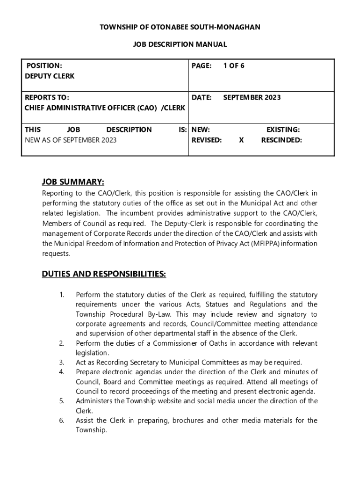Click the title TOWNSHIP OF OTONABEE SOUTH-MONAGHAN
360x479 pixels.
180,27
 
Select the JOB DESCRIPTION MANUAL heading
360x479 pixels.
180,44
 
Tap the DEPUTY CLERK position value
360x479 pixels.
49,76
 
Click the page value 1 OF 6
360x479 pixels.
233,65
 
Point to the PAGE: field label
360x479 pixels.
202,65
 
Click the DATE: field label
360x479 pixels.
202,97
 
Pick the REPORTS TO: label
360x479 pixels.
47,97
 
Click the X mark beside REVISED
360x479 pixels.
241,139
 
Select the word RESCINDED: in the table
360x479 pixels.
281,139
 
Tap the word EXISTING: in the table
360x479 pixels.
283,130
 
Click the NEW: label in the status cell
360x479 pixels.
201,130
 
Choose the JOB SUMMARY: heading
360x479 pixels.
73,181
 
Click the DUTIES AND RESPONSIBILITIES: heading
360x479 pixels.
104,274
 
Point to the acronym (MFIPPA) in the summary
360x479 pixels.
268,244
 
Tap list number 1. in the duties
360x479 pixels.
62,295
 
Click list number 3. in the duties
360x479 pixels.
62,362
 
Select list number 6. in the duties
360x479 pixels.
62,420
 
